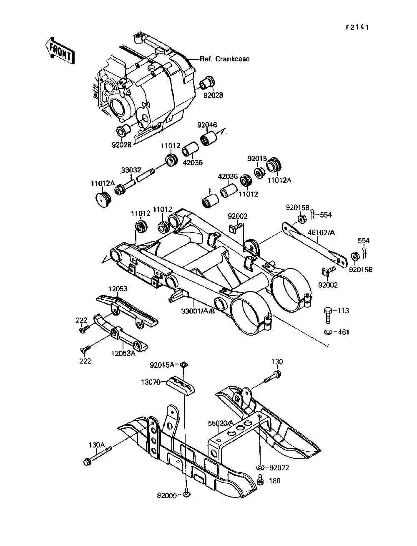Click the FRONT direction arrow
click(x=58, y=50)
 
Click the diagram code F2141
click(x=357, y=28)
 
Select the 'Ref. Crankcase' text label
click(x=224, y=59)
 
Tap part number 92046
click(x=207, y=125)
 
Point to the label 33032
click(x=131, y=170)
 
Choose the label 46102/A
click(x=321, y=233)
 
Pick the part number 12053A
click(x=123, y=353)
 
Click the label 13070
click(x=151, y=382)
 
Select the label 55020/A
click(x=221, y=423)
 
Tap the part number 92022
click(x=279, y=468)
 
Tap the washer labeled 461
click(x=328, y=332)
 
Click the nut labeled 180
click(x=261, y=481)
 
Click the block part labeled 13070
click(x=182, y=386)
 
